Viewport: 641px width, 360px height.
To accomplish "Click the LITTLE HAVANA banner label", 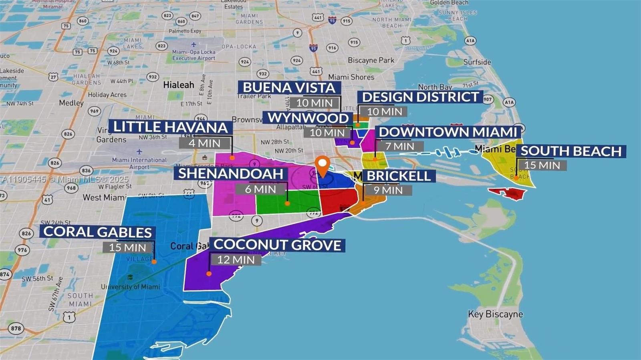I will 170,127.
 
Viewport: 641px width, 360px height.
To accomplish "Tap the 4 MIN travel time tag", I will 204,143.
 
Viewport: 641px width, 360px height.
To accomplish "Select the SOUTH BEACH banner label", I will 571,151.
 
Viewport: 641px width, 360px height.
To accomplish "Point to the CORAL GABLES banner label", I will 97,232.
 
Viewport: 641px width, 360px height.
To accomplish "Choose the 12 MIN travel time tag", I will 236,260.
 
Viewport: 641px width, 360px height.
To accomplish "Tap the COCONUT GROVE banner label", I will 277,245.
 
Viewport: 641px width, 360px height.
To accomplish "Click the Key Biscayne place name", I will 496,314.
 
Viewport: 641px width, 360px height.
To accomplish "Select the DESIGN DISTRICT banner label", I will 420,97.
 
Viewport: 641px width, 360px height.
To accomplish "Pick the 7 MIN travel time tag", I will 399,147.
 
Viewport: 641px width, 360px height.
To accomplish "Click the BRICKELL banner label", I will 399,176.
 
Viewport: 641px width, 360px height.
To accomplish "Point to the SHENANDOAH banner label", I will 231,174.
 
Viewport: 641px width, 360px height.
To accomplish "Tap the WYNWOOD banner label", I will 308,118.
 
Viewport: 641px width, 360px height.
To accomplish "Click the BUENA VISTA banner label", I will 289,88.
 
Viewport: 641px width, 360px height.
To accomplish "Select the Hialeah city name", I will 179,85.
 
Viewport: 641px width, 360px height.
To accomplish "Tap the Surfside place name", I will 477,62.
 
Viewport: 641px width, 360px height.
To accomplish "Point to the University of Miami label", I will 130,287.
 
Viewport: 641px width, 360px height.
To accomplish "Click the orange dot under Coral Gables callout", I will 154,262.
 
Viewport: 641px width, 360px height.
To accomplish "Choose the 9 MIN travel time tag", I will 388,190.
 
